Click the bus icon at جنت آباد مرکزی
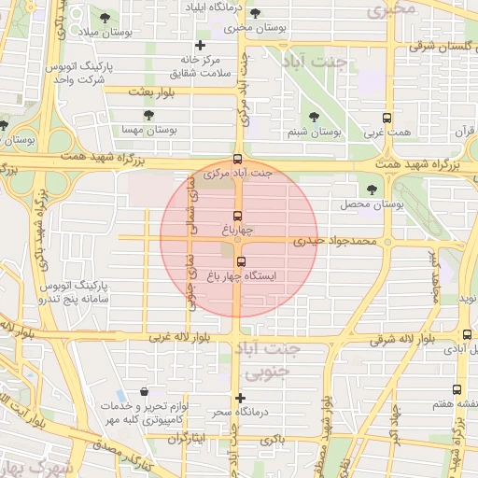(x=238, y=159)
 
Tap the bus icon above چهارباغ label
(x=238, y=216)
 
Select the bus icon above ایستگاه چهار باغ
(x=242, y=262)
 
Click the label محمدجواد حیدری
(x=334, y=241)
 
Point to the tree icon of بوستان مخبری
(x=255, y=14)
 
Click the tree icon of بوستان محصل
(x=373, y=190)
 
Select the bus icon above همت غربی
(x=387, y=119)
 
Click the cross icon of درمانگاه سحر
(x=241, y=398)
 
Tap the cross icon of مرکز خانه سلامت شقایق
(x=199, y=45)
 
